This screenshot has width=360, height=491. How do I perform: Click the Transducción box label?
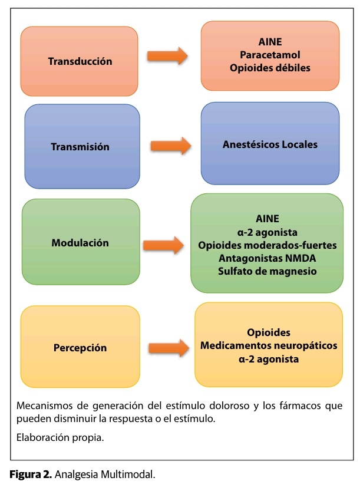(x=80, y=61)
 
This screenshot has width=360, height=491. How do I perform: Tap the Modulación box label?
(x=80, y=242)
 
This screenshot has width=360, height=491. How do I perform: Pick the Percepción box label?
(x=80, y=347)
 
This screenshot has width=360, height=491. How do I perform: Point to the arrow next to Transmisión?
(x=171, y=145)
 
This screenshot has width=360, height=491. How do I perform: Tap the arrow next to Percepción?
(x=167, y=348)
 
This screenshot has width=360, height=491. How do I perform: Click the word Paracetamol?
(x=270, y=55)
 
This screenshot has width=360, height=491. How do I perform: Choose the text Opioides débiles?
(x=270, y=68)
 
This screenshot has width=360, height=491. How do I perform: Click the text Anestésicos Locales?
(x=270, y=144)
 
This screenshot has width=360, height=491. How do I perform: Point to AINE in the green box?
(x=266, y=218)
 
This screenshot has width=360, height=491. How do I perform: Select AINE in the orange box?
(x=270, y=42)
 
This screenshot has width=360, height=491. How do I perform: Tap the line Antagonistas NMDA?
(x=266, y=258)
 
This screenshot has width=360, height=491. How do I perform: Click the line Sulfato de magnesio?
(x=266, y=271)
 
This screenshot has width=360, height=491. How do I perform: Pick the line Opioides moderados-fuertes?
(x=266, y=245)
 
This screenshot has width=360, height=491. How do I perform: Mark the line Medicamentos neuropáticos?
(x=269, y=345)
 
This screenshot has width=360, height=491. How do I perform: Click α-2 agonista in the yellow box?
(x=269, y=358)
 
